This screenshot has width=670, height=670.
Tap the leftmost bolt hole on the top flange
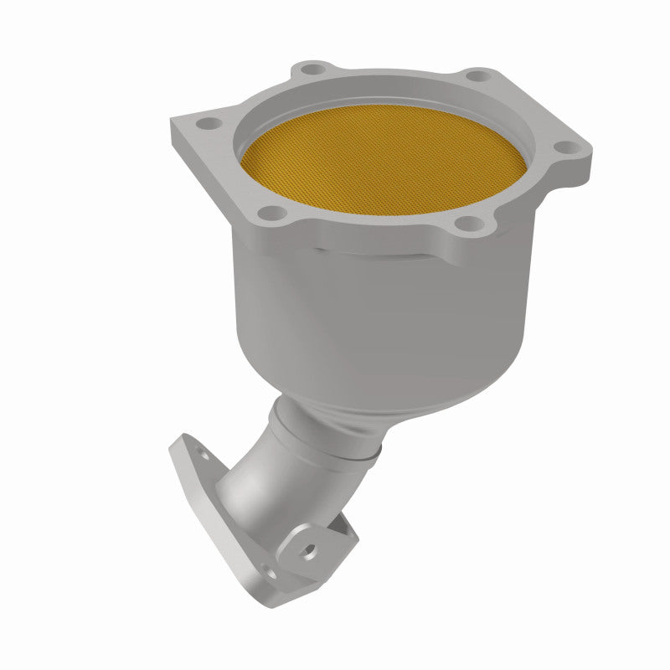(x=204, y=124)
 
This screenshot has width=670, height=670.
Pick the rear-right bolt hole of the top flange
(x=475, y=76)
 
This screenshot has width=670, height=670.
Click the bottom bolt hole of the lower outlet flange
(x=267, y=573)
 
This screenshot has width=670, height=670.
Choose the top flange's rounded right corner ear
(x=578, y=163)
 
